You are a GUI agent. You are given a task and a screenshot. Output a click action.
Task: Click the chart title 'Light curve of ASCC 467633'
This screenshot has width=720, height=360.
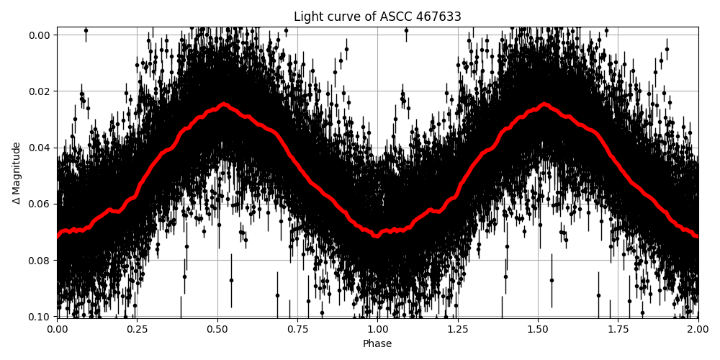coord(377,17)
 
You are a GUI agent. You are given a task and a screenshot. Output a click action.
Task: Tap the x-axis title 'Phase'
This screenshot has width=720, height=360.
coord(377,344)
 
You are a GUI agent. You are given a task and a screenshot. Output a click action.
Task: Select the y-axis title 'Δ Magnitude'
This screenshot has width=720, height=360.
coord(17,173)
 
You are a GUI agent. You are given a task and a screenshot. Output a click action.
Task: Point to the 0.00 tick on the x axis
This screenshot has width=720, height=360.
coord(58,329)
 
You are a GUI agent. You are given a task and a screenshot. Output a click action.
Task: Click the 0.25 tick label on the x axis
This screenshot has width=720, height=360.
coord(138,329)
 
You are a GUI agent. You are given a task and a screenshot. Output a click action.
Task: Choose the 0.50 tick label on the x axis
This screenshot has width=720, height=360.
coord(217,329)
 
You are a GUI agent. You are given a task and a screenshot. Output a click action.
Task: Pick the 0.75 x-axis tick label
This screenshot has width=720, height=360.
coord(297,329)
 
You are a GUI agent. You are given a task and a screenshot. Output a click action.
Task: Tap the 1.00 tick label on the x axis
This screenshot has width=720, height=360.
coord(377,329)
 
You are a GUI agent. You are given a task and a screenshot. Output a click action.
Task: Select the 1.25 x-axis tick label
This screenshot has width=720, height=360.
coord(458,329)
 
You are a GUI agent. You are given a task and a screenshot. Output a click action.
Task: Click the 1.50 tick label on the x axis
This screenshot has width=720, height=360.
coord(538,329)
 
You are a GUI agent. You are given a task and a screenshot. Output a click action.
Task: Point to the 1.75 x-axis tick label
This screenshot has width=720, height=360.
coord(618,329)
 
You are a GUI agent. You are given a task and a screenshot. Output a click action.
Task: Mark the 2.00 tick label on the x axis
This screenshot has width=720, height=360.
coord(698,329)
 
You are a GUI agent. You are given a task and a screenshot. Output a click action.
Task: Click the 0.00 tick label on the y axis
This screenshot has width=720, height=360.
coord(40,35)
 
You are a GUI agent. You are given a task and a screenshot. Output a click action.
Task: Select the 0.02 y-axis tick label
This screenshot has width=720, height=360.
coord(40,91)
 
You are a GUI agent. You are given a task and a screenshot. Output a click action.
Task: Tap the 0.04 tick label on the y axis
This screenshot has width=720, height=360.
coord(40,148)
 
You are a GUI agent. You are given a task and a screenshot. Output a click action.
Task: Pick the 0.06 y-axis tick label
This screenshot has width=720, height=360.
coord(40,204)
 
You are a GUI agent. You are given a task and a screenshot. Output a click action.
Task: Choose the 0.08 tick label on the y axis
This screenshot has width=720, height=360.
coord(40,261)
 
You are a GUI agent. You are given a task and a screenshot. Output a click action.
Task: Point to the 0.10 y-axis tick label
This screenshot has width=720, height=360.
coord(40,317)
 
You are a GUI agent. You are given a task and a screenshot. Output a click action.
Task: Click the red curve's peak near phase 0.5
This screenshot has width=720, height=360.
coord(224,104)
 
